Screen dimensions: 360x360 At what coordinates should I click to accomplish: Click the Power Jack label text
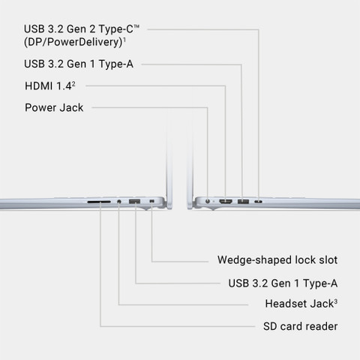[54, 108]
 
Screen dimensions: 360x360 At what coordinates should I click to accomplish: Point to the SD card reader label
[300, 326]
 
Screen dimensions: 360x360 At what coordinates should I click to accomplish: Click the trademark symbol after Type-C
[136, 26]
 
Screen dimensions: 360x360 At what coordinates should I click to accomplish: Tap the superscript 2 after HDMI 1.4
[73, 83]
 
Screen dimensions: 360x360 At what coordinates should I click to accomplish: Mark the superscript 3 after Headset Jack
[336, 301]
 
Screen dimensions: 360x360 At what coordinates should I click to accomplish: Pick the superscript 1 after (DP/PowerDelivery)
[124, 40]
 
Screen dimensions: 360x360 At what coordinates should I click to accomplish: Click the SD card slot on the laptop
[99, 202]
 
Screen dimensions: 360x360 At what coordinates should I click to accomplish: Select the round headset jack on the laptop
[119, 201]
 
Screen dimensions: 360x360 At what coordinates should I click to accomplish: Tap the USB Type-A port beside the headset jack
[134, 201]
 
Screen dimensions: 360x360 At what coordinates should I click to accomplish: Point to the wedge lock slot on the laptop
[151, 201]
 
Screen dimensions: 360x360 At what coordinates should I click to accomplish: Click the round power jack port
[208, 201]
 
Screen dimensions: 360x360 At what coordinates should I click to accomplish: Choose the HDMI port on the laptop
[226, 201]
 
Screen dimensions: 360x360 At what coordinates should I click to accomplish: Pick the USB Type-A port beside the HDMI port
[243, 201]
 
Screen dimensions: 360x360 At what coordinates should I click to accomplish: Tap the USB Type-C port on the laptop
[258, 202]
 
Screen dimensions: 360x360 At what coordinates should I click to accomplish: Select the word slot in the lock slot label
[328, 260]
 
